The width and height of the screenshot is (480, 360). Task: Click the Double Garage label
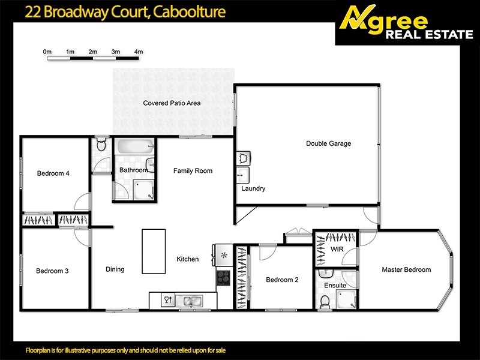click(328, 143)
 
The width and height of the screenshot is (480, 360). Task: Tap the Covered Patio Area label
click(172, 103)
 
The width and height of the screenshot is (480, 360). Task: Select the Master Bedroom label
click(406, 269)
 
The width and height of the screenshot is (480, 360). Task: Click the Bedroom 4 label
click(53, 173)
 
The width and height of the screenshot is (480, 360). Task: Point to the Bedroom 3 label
click(52, 271)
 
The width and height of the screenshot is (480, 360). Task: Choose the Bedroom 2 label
click(282, 280)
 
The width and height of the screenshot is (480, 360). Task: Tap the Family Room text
click(193, 171)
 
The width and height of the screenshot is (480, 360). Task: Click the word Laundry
click(253, 188)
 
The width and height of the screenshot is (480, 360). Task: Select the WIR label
click(337, 248)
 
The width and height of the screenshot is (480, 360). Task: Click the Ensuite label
click(335, 286)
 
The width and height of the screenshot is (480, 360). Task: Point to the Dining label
click(115, 269)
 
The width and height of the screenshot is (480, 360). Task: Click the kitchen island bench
click(150, 250)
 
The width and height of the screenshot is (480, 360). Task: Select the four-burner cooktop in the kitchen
click(224, 277)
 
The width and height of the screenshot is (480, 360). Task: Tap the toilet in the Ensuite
click(325, 304)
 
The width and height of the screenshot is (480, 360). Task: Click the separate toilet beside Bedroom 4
click(101, 145)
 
